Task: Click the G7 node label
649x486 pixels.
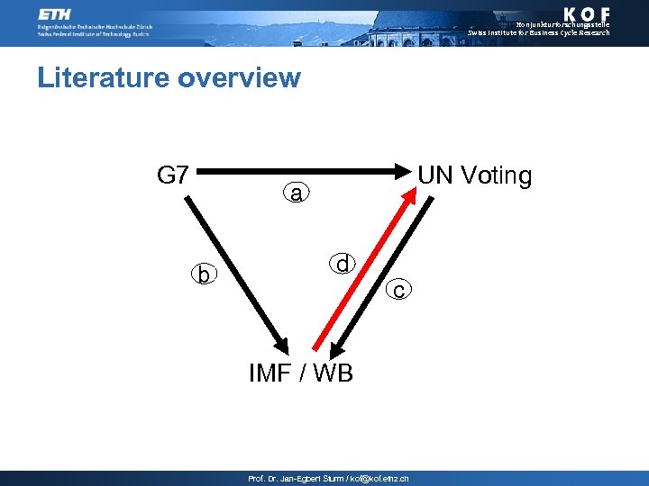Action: tap(172, 175)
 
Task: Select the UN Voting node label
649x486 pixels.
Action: tap(475, 175)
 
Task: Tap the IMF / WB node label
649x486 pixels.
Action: tap(301, 372)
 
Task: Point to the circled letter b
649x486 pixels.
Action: tap(205, 274)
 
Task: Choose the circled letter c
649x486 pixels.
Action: tap(398, 289)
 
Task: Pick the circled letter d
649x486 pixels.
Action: tap(343, 264)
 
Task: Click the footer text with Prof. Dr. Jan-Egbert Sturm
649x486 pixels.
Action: tap(328, 479)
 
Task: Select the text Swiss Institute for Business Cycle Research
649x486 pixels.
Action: tap(538, 33)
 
